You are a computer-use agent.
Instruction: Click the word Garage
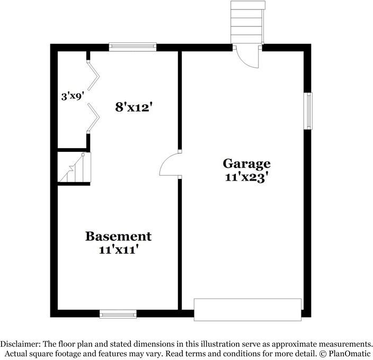246,163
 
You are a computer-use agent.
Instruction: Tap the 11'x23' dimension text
246,178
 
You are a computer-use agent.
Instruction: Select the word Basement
118,236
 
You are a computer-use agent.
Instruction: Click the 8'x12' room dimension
135,106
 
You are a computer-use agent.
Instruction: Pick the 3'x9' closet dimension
73,96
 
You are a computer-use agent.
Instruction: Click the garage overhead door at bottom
247,309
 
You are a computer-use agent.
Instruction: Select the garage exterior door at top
247,56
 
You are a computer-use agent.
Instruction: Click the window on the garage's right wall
308,111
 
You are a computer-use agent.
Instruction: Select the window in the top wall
132,47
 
